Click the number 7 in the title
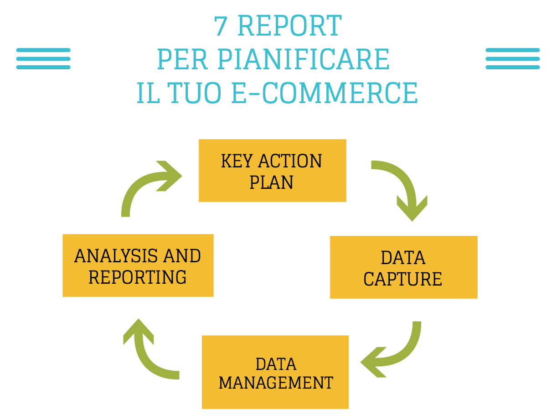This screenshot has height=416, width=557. click(221, 26)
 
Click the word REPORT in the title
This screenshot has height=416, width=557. click(289, 26)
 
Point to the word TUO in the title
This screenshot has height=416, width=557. click(196, 93)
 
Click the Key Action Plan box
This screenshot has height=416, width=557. click(272, 171)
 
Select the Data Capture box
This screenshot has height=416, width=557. click(403, 267)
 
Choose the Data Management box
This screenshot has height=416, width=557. click(275, 372)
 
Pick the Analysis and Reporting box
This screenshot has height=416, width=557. click(138, 265)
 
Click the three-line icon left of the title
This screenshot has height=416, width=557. click(43, 58)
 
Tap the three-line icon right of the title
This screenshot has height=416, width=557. click(512, 58)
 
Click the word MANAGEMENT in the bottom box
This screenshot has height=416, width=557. click(276, 382)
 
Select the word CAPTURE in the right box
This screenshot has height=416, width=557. click(403, 279)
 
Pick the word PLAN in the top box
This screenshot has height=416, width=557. click(272, 182)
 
